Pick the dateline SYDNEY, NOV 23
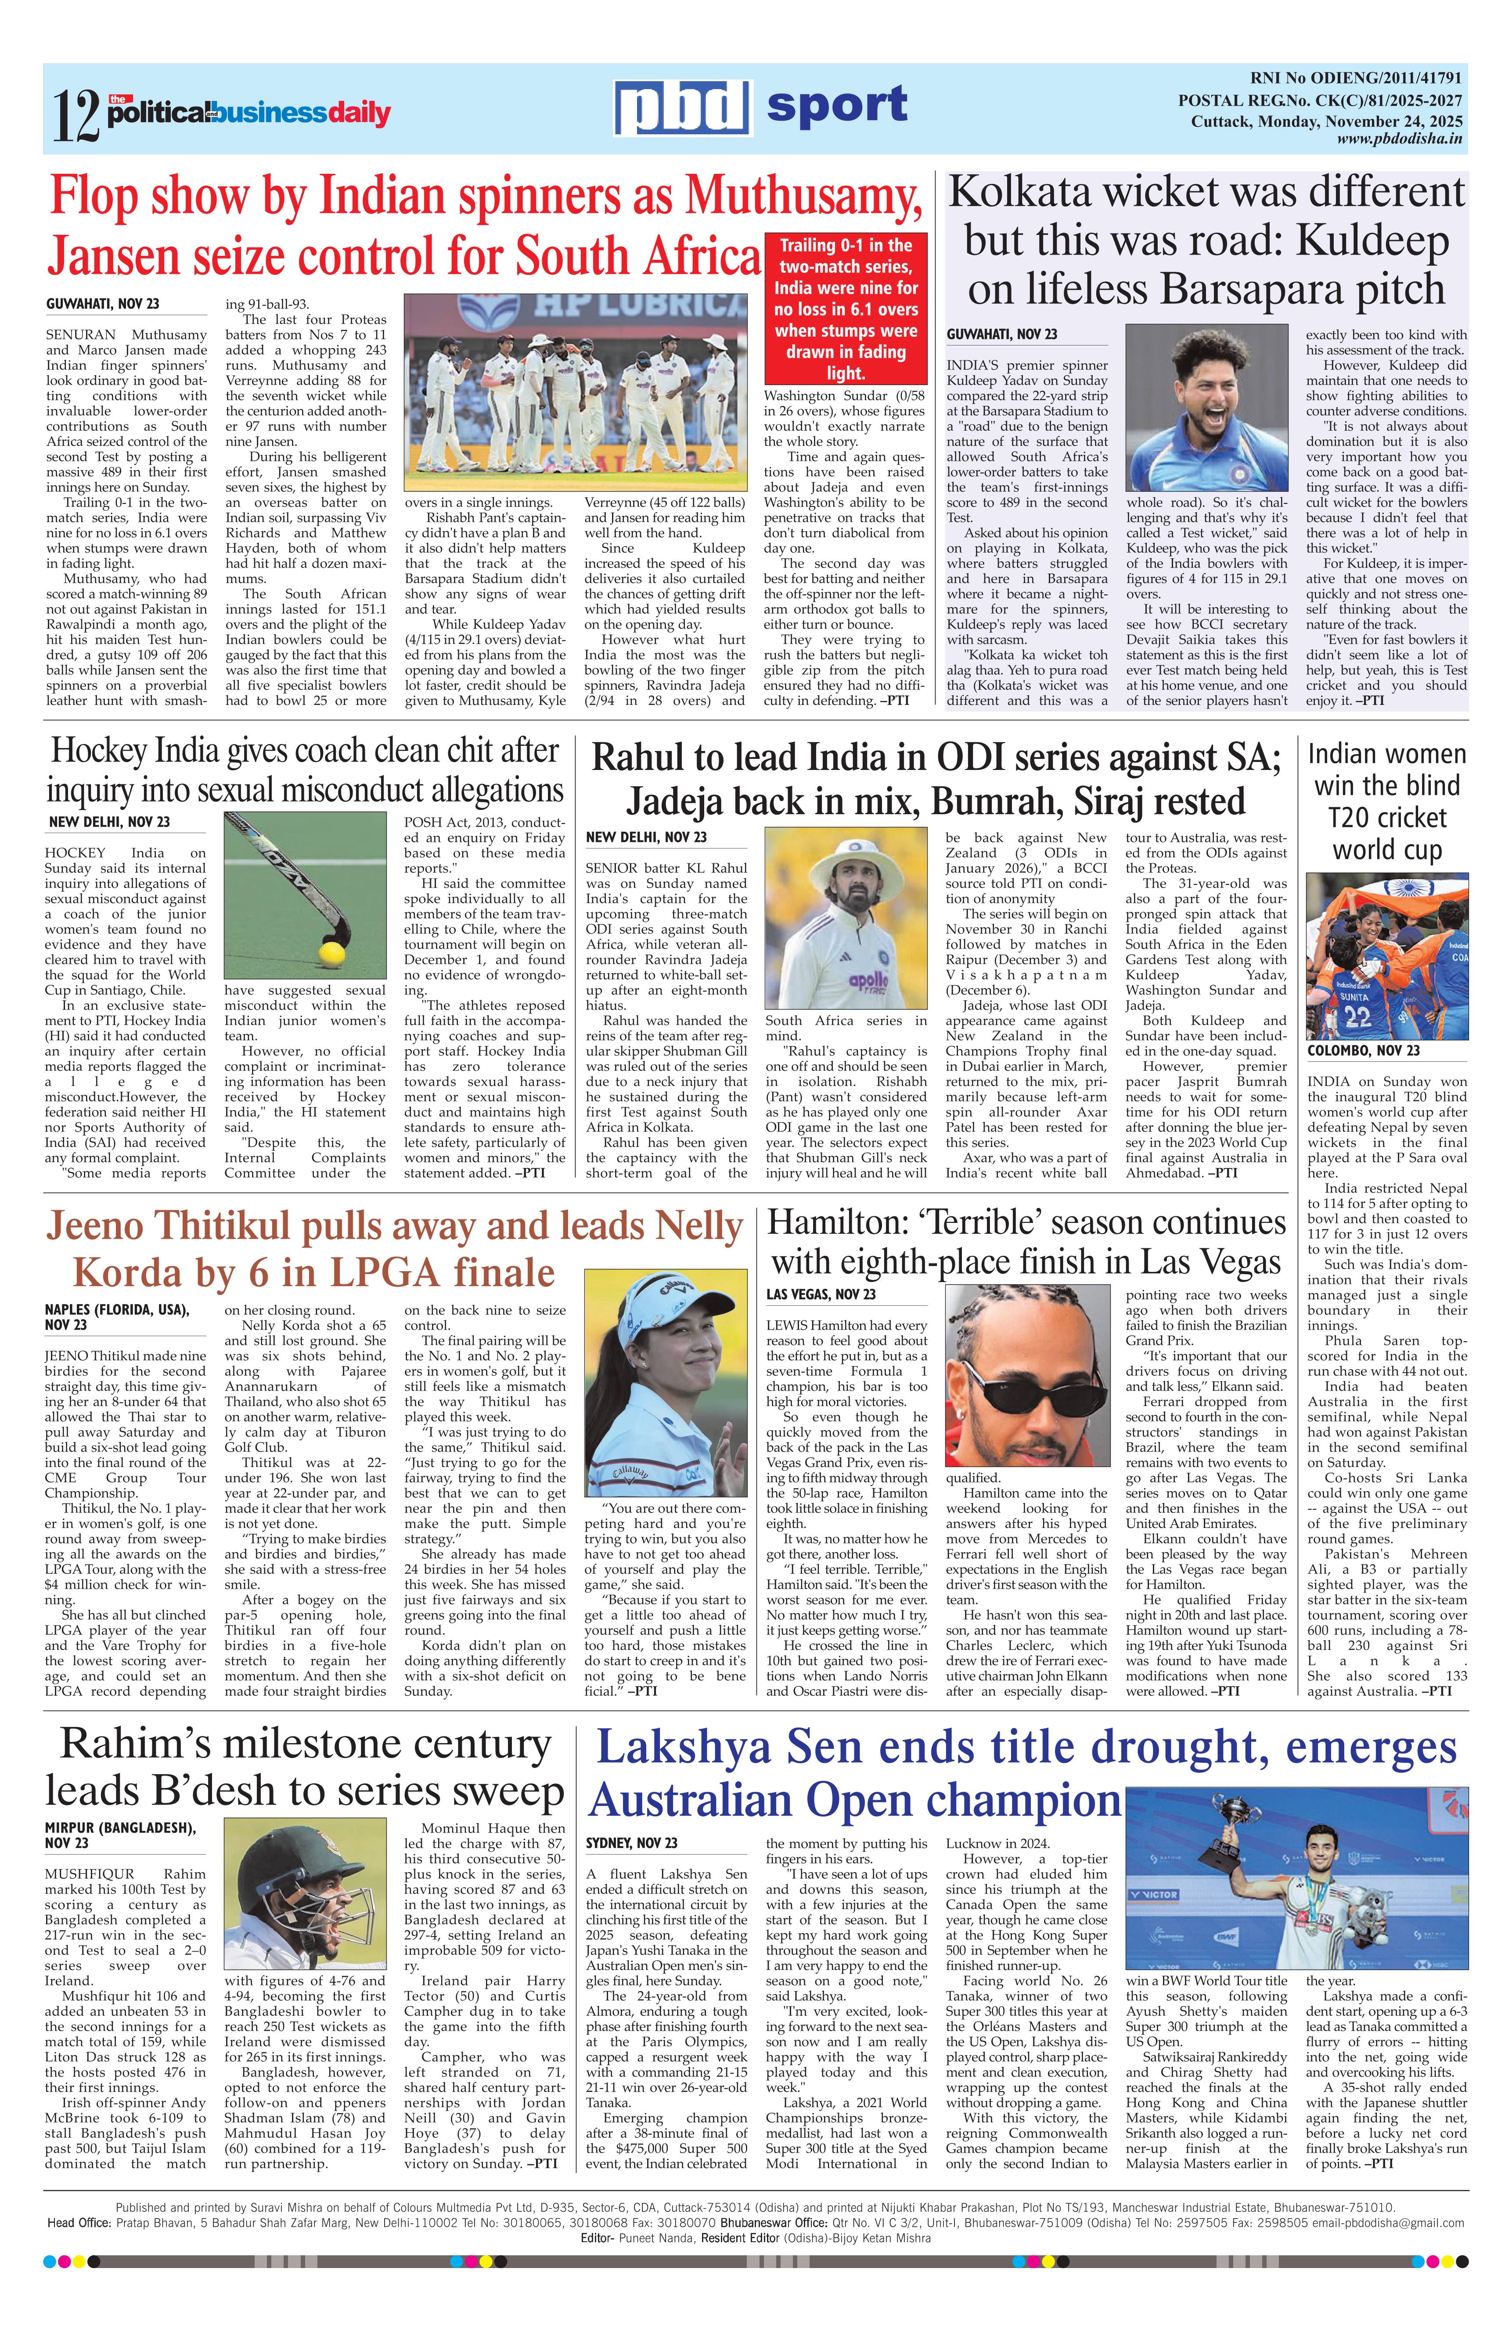631,1843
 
